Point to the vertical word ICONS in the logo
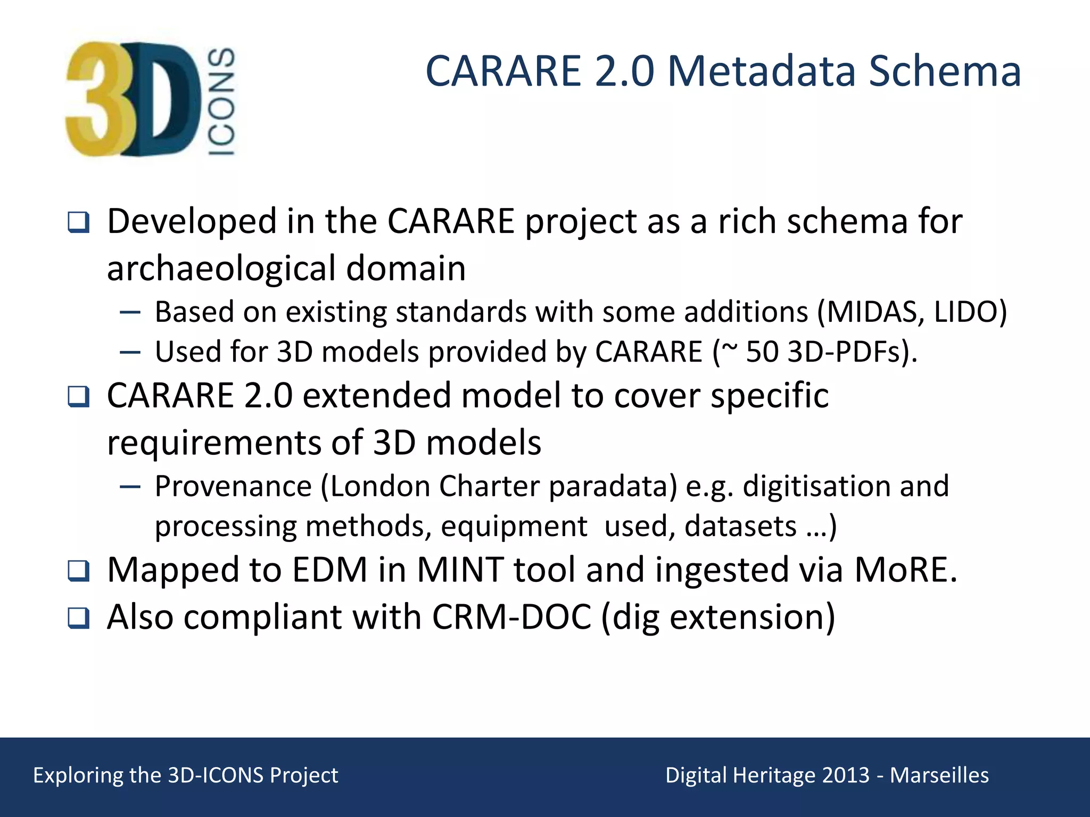[221, 102]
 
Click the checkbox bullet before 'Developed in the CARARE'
[79, 222]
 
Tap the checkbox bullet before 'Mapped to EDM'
[79, 571]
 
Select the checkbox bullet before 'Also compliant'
[79, 618]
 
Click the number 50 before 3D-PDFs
[762, 352]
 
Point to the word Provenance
[233, 486]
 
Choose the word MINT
[460, 570]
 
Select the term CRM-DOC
[511, 617]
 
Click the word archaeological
[221, 269]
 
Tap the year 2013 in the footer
[846, 776]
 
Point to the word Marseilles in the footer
[939, 776]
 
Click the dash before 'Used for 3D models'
[130, 352]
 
